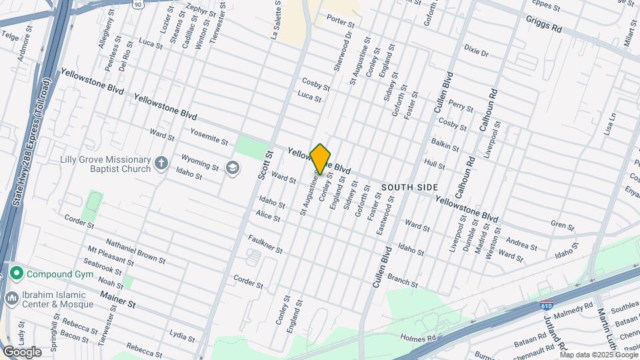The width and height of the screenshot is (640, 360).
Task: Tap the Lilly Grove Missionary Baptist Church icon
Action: click(x=161, y=163)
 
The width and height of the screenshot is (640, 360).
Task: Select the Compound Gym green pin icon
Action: click(x=16, y=273)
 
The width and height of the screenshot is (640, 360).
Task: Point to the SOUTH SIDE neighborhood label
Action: click(x=409, y=187)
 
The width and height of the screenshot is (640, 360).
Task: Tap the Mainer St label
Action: click(x=117, y=303)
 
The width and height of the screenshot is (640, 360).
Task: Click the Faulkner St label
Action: click(x=265, y=244)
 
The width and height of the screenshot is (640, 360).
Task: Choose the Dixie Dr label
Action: click(x=472, y=50)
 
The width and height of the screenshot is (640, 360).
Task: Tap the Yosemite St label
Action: click(x=209, y=136)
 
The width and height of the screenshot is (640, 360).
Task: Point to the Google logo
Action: click(x=22, y=351)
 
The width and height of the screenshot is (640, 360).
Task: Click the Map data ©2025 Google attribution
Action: click(x=599, y=355)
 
